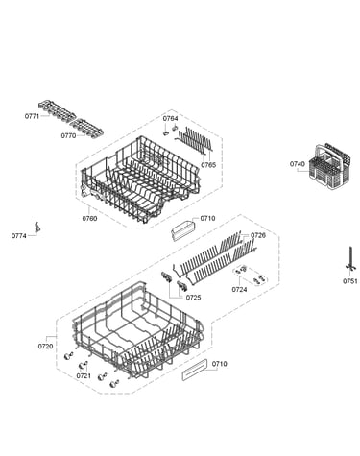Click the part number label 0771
(32, 116)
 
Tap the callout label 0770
(68, 136)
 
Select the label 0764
(170, 118)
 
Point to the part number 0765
(208, 165)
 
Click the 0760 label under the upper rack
(89, 219)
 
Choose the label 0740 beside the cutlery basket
(298, 164)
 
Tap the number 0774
(19, 236)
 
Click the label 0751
(350, 281)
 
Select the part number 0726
(258, 236)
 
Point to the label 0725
(193, 298)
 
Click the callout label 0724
(239, 290)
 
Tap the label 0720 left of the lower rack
(45, 347)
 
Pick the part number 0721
(84, 376)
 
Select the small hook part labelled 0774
(38, 228)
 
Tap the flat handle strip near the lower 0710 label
(195, 370)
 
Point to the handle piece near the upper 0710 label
(183, 229)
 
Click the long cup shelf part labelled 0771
(57, 110)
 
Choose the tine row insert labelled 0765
(194, 140)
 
